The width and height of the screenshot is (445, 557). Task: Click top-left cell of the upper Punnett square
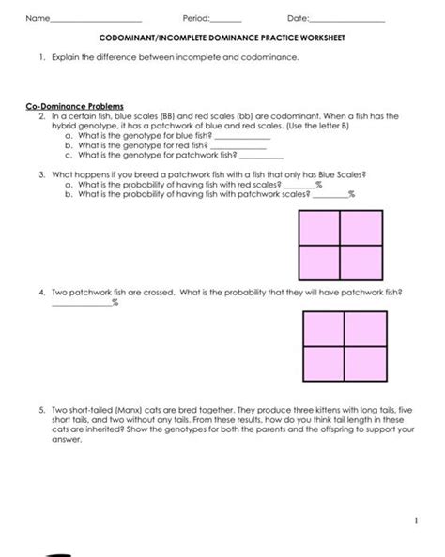318,228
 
